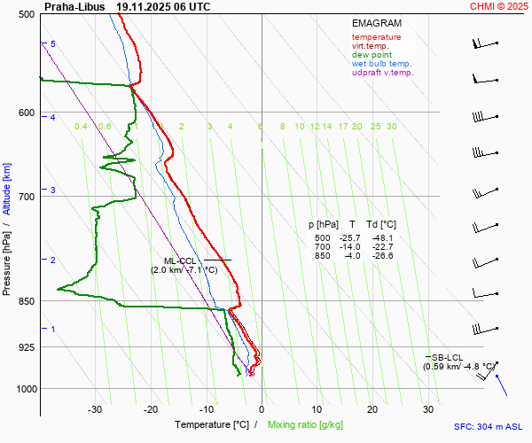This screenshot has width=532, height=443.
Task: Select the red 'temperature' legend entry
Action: [376, 37]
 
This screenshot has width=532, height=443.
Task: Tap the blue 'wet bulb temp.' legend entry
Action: [381, 64]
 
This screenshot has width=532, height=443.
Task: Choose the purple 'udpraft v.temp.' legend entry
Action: [382, 73]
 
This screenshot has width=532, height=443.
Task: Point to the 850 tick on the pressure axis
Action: [25, 301]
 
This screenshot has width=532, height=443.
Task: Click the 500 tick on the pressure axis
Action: [25, 15]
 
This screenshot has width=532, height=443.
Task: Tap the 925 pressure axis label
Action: [25, 347]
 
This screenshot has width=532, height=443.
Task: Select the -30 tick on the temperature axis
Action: [96, 409]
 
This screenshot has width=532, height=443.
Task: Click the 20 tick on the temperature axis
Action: [372, 409]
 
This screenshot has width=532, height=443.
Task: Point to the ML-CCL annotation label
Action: [179, 260]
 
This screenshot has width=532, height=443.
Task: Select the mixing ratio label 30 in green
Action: [391, 127]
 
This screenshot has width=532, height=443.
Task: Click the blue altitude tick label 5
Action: [52, 43]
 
